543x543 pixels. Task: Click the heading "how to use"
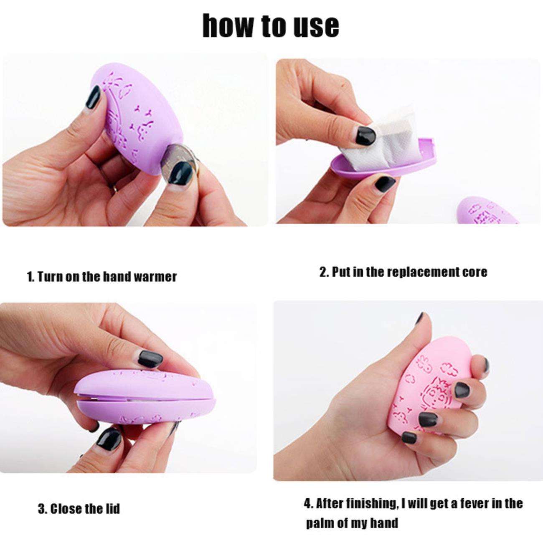(x=271, y=25)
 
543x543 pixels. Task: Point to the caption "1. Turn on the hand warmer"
(x=102, y=277)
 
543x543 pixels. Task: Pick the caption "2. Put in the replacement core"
(x=403, y=272)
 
